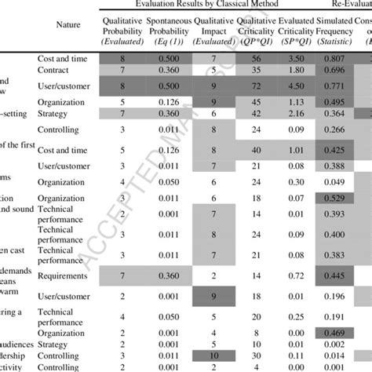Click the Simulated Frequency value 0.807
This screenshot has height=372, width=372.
(334, 58)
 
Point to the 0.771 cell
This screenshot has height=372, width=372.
(334, 85)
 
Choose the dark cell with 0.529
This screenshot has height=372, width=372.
(334, 195)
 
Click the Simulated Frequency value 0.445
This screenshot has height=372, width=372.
(334, 276)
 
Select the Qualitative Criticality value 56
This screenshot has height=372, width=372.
(255, 58)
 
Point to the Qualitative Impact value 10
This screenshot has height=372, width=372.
(213, 356)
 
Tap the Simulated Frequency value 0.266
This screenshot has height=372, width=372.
(334, 129)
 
